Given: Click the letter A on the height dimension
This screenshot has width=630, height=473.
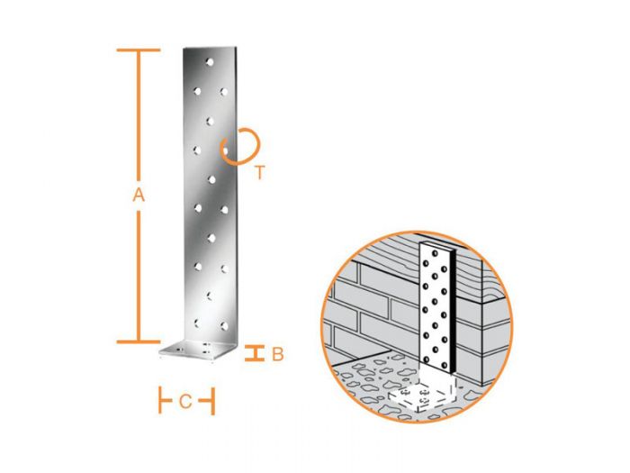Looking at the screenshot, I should [139, 194].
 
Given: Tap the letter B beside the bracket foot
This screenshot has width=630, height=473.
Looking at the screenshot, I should [277, 354].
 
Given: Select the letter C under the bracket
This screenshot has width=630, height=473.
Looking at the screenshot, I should [185, 402].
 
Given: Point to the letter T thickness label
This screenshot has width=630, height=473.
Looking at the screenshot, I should [259, 173].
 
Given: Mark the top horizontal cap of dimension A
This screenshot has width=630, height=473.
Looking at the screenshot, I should [139, 50].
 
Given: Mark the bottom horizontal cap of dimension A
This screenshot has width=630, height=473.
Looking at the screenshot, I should [139, 341].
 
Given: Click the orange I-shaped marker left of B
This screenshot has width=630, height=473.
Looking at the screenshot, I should [256, 353].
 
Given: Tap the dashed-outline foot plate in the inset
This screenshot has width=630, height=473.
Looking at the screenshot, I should [423, 396].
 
